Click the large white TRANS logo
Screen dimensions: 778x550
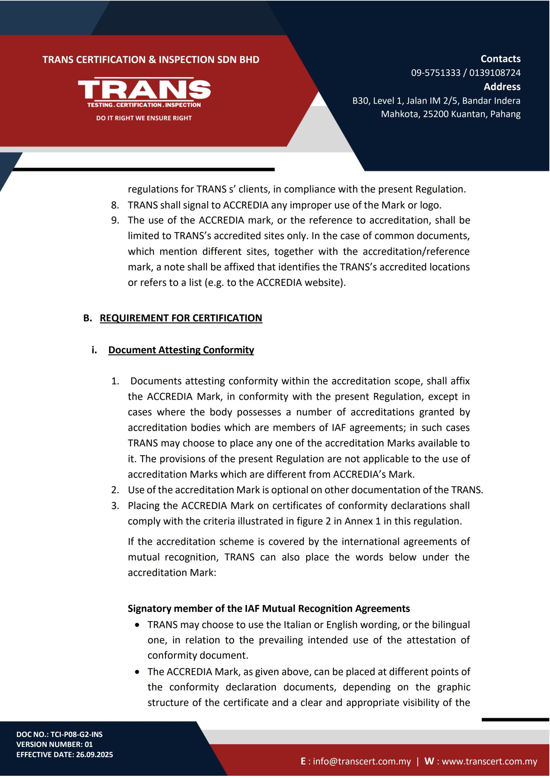click(x=144, y=90)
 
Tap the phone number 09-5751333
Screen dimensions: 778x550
click(x=435, y=73)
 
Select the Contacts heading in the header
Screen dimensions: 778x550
click(x=500, y=59)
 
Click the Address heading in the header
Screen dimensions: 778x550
click(x=502, y=87)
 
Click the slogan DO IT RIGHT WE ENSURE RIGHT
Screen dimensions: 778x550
click(x=144, y=118)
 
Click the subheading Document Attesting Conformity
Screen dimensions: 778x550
click(x=181, y=350)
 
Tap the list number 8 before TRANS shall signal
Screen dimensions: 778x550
click(x=115, y=205)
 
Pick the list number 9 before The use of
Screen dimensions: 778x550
click(x=115, y=220)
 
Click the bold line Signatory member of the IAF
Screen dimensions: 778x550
click(x=268, y=609)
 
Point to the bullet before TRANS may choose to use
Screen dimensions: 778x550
click(x=137, y=625)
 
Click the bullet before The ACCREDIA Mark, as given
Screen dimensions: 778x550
click(x=137, y=672)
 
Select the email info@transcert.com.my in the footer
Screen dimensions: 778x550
click(x=362, y=761)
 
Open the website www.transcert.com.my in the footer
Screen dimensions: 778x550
click(x=489, y=761)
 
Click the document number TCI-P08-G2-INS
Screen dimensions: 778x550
click(x=77, y=734)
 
